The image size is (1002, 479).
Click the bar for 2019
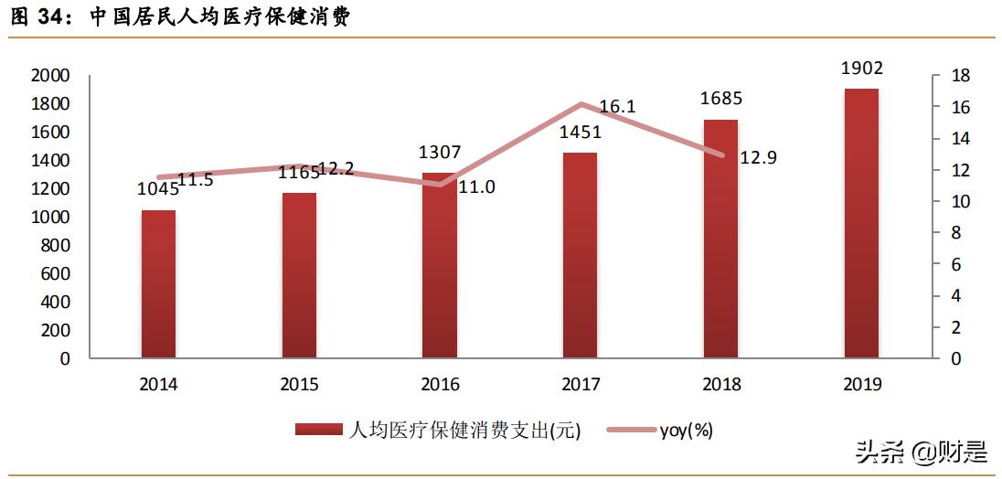[861, 223]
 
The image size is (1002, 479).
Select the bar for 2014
[158, 284]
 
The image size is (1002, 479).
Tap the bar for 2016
[440, 265]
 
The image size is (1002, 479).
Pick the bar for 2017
[580, 255]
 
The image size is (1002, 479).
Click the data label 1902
[861, 69]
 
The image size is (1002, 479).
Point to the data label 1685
[720, 99]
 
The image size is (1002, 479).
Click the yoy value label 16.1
[618, 107]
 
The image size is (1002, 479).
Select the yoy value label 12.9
[758, 157]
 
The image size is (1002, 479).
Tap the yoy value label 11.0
[476, 186]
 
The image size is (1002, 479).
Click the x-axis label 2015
[299, 385]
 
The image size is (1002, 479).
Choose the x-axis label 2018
[720, 385]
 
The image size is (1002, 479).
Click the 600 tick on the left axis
[56, 274]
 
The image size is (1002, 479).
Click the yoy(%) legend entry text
[686, 430]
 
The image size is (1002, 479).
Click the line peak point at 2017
[581, 104]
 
